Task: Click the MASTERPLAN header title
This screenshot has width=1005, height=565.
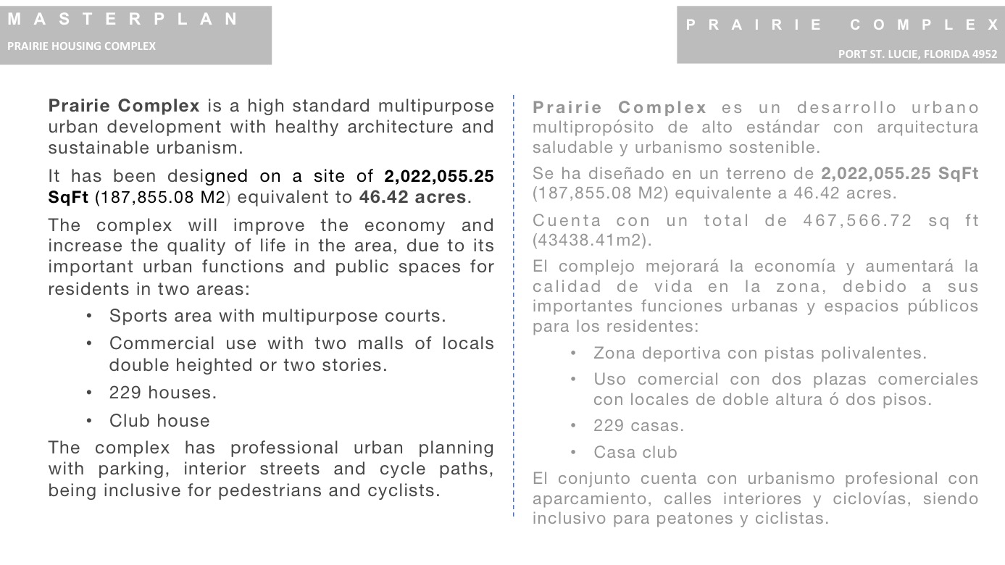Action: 123,20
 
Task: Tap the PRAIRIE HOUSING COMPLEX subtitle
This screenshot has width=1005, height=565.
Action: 81,46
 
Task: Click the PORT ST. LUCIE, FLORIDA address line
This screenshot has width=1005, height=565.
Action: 917,54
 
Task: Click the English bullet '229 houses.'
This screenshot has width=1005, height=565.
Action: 163,393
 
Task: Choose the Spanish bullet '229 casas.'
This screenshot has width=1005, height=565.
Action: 638,426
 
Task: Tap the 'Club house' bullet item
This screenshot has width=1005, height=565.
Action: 159,421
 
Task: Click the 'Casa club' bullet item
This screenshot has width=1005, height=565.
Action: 635,453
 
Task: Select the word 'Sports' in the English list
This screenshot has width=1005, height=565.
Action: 132,317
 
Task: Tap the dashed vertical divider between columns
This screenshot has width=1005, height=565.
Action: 513,304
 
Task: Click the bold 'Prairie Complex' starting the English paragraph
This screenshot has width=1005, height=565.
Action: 123,106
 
